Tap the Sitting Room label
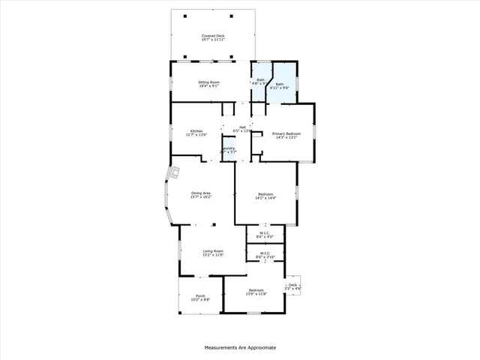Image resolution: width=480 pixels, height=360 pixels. click(x=209, y=82)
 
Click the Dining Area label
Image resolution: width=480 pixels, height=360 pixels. click(x=200, y=193)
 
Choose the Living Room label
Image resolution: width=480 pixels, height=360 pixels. click(x=214, y=251)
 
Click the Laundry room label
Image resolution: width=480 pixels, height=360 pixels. click(x=229, y=148)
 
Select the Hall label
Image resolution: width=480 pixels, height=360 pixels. click(x=242, y=127)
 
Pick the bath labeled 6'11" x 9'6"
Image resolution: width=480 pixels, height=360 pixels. click(x=280, y=85)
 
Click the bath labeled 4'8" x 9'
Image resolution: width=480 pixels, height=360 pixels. click(x=261, y=79)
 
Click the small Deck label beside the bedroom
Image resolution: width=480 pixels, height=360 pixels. click(x=293, y=284)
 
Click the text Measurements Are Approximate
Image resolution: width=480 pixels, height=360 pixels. click(x=240, y=348)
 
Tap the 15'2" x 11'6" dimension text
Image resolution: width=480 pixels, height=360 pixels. click(x=214, y=255)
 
